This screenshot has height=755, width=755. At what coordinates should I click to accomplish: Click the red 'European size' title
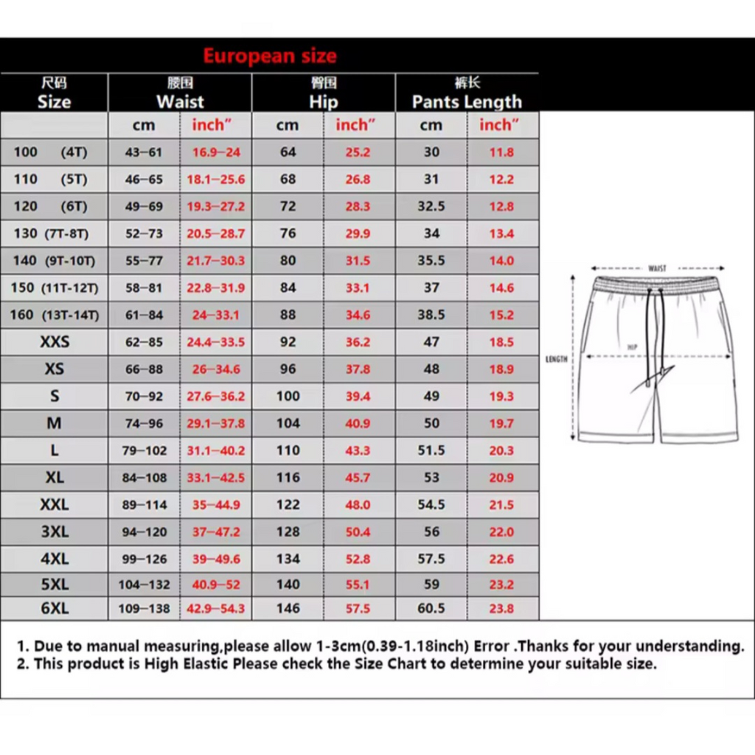(x=270, y=56)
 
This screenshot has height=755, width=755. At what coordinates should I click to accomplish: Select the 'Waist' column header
(x=180, y=102)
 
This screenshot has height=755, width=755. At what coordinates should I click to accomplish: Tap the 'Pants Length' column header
(x=467, y=102)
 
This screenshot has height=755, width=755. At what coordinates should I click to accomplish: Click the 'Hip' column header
(x=323, y=102)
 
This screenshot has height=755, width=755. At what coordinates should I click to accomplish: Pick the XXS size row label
(x=55, y=342)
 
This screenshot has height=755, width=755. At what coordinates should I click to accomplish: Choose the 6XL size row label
(x=55, y=609)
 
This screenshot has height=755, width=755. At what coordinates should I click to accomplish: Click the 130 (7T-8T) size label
(x=51, y=234)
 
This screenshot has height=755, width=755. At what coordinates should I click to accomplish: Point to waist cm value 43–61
(x=143, y=153)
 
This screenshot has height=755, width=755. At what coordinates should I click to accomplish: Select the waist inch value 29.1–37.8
(x=215, y=424)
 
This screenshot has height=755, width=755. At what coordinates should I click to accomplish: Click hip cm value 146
(x=288, y=609)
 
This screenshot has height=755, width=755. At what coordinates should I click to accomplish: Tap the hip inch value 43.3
(x=358, y=450)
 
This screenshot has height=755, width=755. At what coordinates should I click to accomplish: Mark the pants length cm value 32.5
(x=431, y=206)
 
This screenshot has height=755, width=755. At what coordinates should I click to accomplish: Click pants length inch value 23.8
(x=501, y=609)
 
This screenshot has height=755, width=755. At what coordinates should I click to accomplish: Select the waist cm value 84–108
(x=145, y=478)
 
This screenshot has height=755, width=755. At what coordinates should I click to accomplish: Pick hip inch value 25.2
(x=358, y=153)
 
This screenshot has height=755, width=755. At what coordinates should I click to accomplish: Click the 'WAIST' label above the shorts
(x=657, y=268)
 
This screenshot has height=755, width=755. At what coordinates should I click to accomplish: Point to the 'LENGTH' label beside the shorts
(x=557, y=359)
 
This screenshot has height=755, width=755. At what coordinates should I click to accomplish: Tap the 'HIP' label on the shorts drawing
(x=632, y=347)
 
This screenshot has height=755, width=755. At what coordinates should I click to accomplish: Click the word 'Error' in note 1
(x=491, y=647)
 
